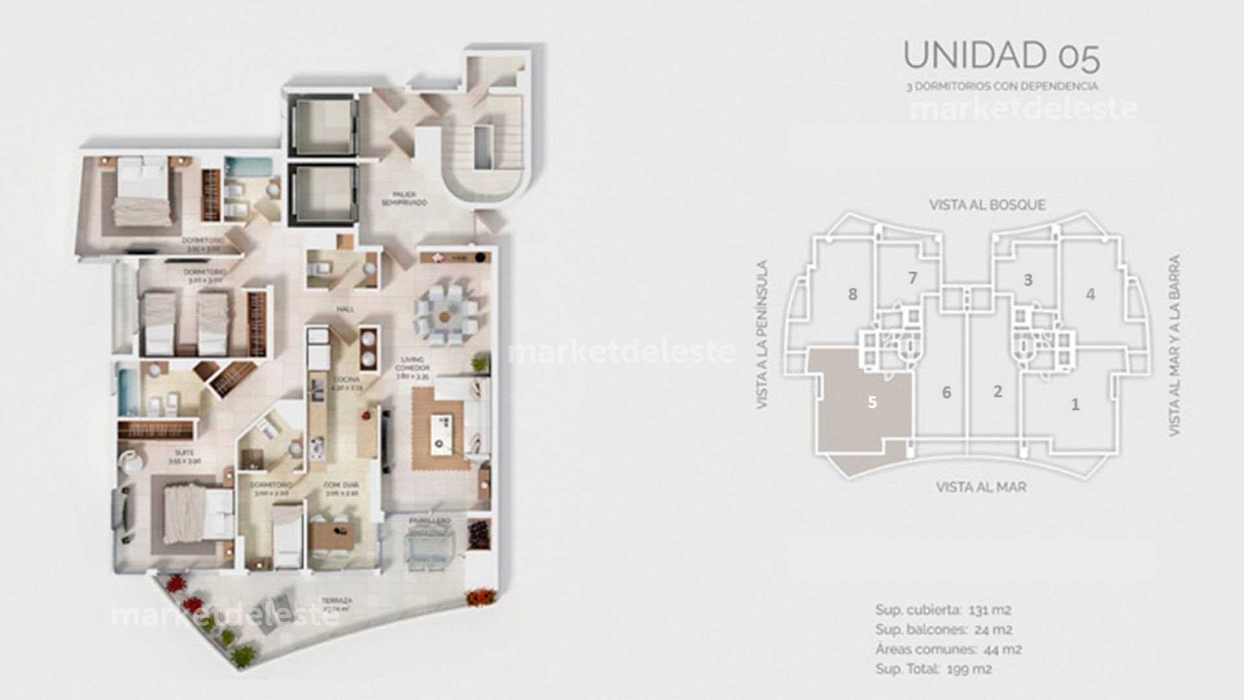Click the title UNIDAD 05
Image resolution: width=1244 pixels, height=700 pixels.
tap(1001, 56)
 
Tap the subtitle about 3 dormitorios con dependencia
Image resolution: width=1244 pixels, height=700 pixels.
tap(1002, 86)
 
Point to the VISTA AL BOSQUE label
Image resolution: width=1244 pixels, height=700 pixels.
tap(987, 205)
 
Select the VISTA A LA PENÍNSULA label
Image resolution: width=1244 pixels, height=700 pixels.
tap(763, 334)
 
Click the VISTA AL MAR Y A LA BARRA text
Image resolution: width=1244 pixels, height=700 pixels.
tap(1175, 345)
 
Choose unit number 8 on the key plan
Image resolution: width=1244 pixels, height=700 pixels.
tap(853, 294)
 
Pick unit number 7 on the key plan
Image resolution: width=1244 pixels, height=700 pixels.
tap(913, 278)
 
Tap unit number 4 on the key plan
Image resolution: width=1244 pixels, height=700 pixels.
tap(1090, 294)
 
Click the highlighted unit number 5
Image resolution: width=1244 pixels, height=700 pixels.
tap(872, 402)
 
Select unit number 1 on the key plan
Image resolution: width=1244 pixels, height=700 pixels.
tap(1076, 405)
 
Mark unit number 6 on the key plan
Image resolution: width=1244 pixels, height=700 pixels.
tap(947, 393)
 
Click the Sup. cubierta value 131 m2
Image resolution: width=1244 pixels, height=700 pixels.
tap(990, 610)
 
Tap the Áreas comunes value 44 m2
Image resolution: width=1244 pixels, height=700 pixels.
tap(1003, 649)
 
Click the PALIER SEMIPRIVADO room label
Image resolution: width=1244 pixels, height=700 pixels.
tap(404, 198)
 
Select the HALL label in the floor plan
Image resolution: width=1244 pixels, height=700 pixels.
tap(345, 310)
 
